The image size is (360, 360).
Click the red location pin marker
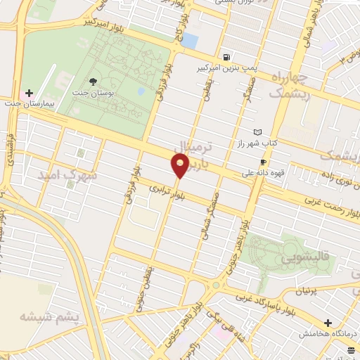tap(181, 167)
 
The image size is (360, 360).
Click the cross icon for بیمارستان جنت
tap(29, 93)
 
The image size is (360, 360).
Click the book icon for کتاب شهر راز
tap(257, 131)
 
